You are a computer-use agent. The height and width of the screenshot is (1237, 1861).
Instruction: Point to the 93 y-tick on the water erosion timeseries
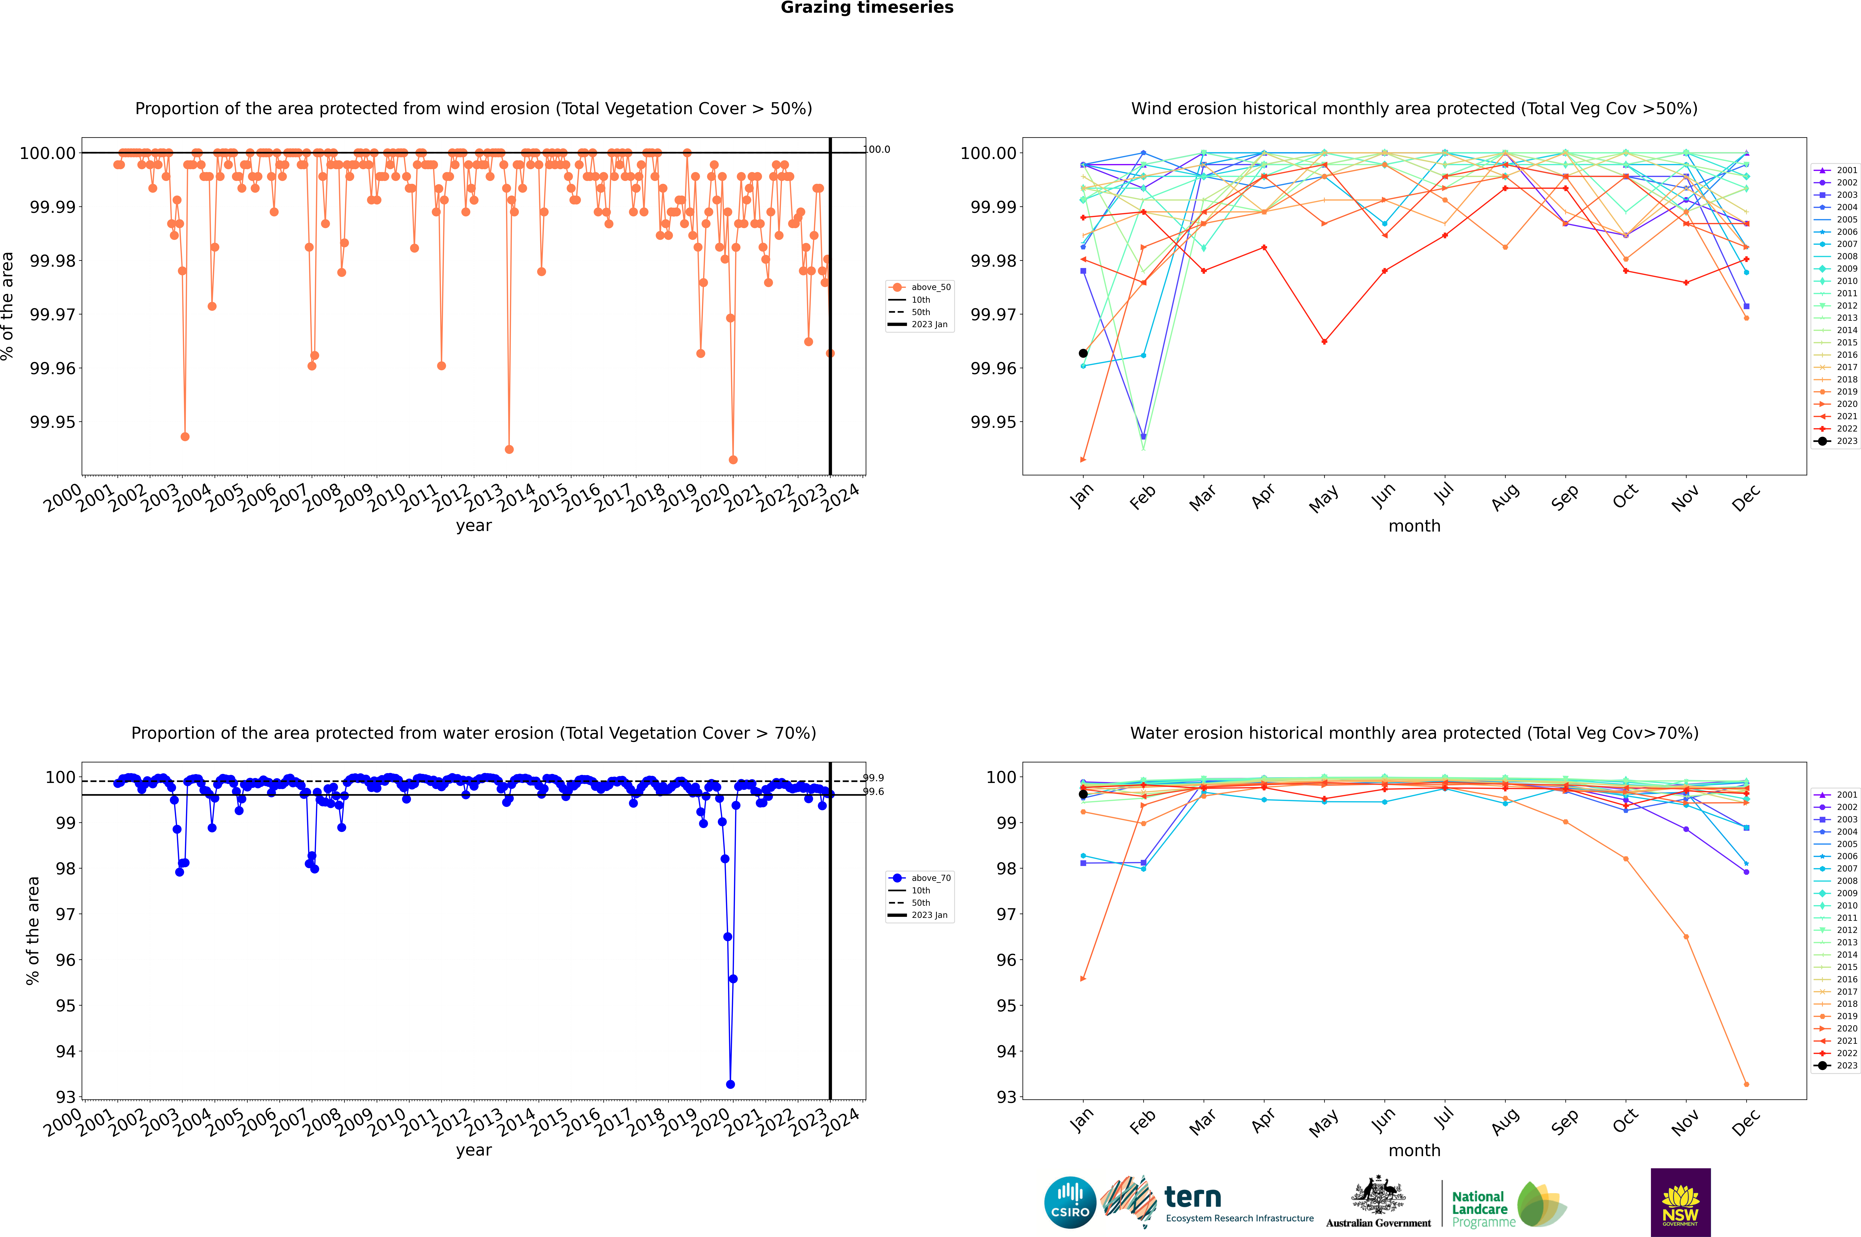pyautogui.click(x=65, y=1097)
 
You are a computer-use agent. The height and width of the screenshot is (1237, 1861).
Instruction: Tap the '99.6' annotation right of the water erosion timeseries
pyautogui.click(x=873, y=792)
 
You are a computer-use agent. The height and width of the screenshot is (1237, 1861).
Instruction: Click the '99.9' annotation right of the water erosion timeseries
pyautogui.click(x=873, y=778)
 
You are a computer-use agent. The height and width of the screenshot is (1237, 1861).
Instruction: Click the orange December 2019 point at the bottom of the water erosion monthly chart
pyautogui.click(x=1746, y=1084)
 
